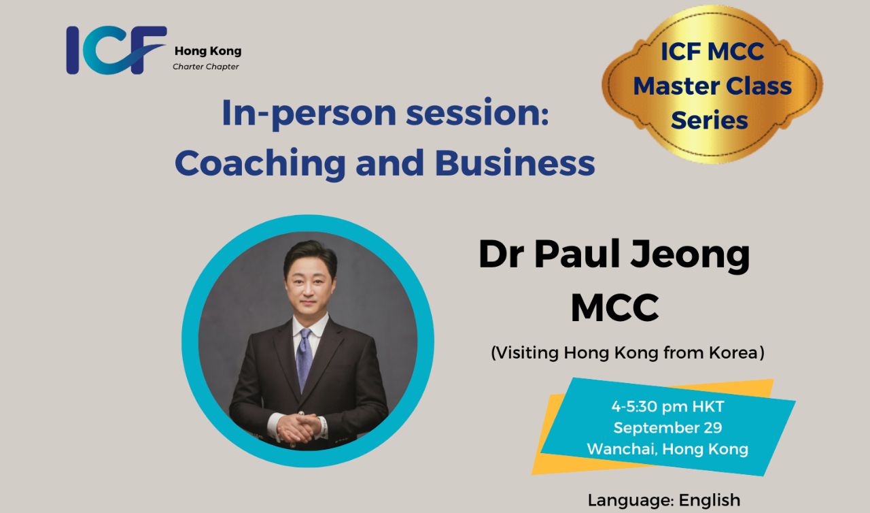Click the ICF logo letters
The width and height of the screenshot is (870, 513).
pos(116,50)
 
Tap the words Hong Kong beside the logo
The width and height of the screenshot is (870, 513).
pos(208,51)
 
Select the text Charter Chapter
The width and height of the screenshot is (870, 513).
pos(206,67)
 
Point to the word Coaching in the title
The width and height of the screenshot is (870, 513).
pos(260,163)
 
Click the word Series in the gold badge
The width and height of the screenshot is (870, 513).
pos(709,120)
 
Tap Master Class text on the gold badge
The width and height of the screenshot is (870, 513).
pos(712,86)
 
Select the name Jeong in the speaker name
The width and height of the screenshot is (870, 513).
pos(690,256)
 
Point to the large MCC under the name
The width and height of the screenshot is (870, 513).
pos(615,308)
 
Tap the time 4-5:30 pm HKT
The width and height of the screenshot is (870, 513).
pos(667,407)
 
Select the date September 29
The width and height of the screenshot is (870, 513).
pos(667,428)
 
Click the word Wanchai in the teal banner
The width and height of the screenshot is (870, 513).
pos(623,449)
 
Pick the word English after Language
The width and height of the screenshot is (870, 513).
pos(709,501)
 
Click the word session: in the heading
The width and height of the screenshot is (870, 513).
pos(477,113)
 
